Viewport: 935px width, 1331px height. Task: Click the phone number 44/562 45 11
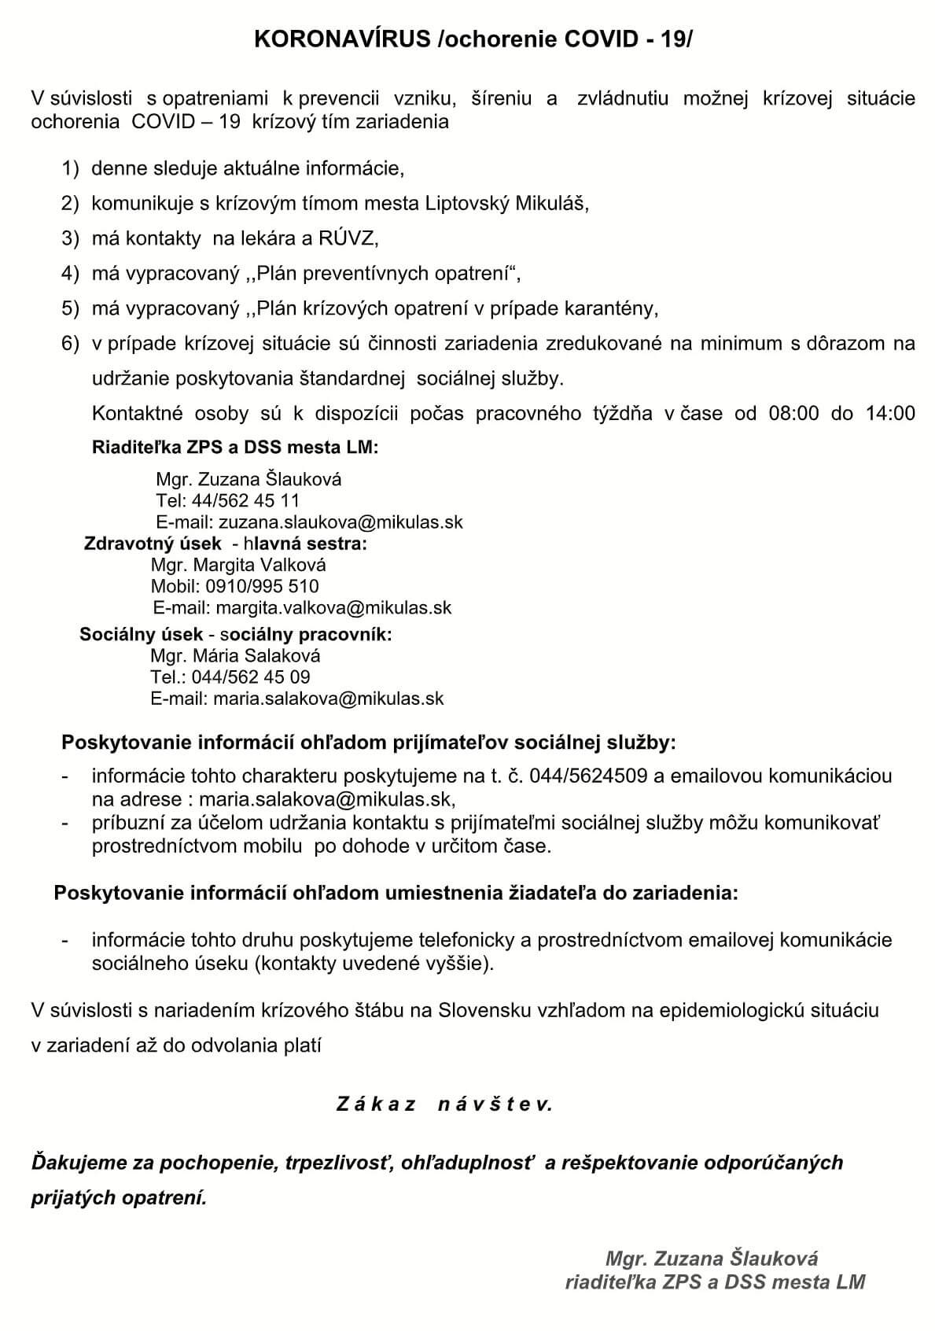(x=245, y=500)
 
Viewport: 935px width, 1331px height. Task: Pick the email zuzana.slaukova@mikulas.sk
(x=341, y=522)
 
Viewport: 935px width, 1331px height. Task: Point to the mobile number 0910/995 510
(x=262, y=586)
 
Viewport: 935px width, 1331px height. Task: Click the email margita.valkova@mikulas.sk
(x=333, y=607)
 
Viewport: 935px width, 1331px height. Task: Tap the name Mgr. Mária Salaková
(x=235, y=655)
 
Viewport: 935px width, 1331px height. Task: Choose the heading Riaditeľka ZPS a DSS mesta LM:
(x=235, y=448)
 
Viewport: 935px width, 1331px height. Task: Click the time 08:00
(x=793, y=414)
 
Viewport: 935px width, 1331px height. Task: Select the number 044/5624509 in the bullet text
(x=588, y=776)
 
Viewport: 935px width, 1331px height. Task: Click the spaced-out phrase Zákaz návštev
(x=444, y=1104)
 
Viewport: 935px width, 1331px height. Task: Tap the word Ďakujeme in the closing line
(x=69, y=1163)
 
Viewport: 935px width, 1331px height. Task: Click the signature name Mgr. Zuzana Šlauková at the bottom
(x=712, y=1258)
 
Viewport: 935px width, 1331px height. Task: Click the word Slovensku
(x=481, y=1010)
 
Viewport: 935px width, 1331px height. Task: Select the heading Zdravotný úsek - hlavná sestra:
(x=225, y=544)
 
